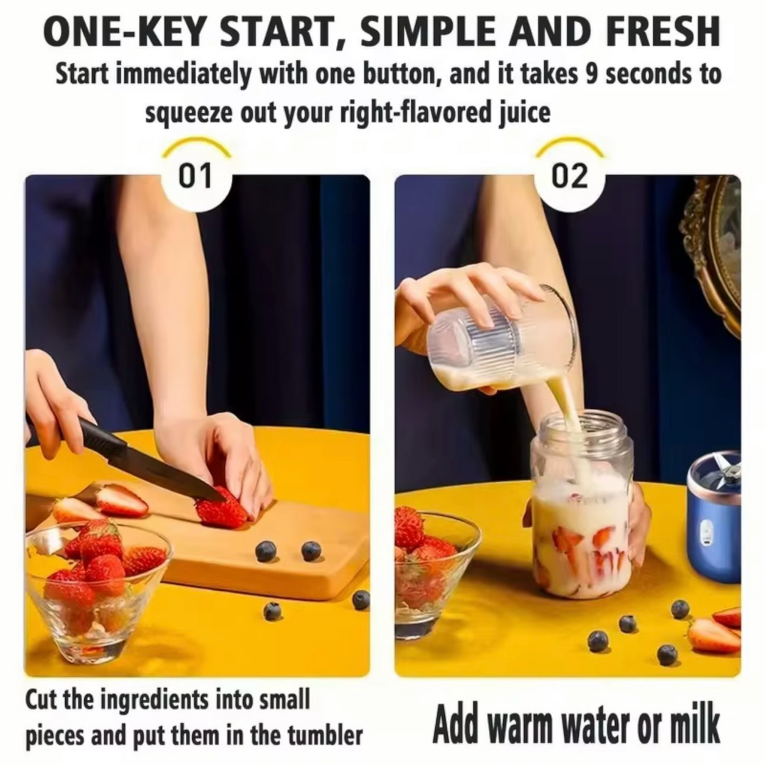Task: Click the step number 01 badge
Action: click(x=195, y=176)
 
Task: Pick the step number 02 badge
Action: click(x=569, y=176)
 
